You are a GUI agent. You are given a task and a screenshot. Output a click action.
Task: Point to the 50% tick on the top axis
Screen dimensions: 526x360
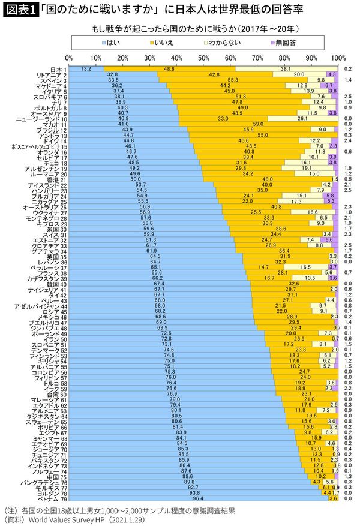pyautogui.click(x=203, y=58)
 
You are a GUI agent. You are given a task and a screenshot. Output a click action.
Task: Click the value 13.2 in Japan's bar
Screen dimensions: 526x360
pyautogui.click(x=85, y=69)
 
